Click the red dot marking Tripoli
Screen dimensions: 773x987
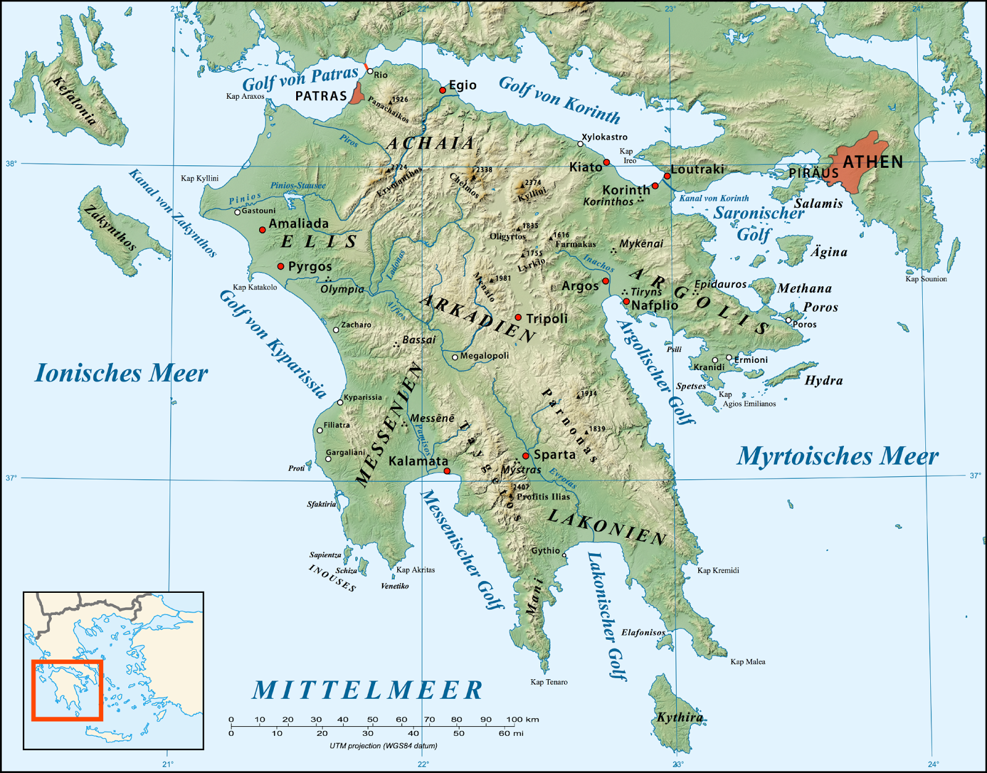[x=518, y=318]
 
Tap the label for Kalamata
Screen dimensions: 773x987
[x=418, y=461]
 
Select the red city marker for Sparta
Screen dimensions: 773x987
[x=526, y=456]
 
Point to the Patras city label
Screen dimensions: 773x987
[x=321, y=96]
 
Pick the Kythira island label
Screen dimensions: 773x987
[x=679, y=717]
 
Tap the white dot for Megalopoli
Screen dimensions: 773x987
[x=455, y=357]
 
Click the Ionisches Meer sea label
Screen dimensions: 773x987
[x=121, y=373]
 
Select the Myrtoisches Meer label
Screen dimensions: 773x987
[x=837, y=456]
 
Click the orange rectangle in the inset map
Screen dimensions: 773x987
[x=67, y=690]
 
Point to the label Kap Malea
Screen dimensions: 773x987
[x=748, y=662]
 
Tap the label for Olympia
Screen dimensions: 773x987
[x=342, y=289]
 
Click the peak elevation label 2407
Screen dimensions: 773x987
[x=521, y=487]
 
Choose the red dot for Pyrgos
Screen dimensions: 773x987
[x=281, y=267]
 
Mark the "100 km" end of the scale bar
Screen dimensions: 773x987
[x=523, y=719]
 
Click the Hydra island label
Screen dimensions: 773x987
[x=824, y=381]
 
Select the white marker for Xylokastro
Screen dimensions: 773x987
[x=580, y=144]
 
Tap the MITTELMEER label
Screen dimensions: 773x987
[x=368, y=690]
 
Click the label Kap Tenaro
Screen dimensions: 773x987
[x=549, y=682]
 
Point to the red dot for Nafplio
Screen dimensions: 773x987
[x=626, y=302]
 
